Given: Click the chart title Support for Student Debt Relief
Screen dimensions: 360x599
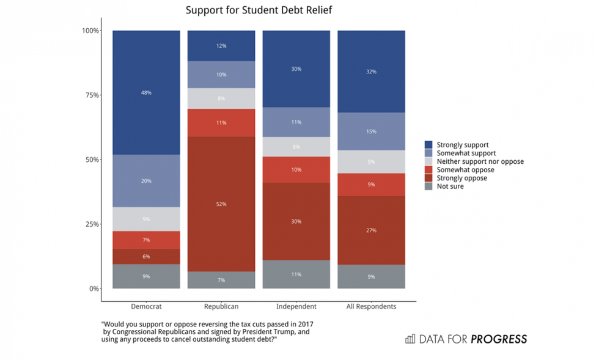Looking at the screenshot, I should (259, 11).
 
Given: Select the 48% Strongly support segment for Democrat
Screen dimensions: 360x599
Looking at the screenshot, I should (146, 92).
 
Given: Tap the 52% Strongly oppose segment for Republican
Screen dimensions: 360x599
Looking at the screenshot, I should (221, 204).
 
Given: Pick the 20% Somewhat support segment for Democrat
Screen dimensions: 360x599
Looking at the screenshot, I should (146, 181).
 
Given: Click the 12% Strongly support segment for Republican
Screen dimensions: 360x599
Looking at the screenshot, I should (221, 46).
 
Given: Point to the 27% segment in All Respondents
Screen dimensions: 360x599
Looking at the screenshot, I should (371, 230).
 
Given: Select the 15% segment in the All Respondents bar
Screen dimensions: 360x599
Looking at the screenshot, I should (371, 131).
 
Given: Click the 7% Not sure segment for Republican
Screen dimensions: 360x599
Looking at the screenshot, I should (221, 280).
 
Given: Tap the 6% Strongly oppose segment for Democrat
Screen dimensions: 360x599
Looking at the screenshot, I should (146, 257).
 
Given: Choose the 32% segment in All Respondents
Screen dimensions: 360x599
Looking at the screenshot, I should (371, 72).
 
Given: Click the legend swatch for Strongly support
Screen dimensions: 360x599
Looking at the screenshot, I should (429, 145).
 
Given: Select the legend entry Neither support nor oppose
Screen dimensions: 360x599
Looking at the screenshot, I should (480, 161).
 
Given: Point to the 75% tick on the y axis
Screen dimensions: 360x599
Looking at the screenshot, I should (91, 95).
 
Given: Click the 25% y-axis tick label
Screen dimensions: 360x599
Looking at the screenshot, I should (91, 224).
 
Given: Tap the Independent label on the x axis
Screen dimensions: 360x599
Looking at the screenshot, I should (296, 306).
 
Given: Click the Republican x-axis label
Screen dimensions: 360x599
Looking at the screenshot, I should (221, 306).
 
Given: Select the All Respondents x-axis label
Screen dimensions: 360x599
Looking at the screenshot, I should (371, 306).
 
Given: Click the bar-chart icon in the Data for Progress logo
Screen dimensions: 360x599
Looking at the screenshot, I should (410, 339).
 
